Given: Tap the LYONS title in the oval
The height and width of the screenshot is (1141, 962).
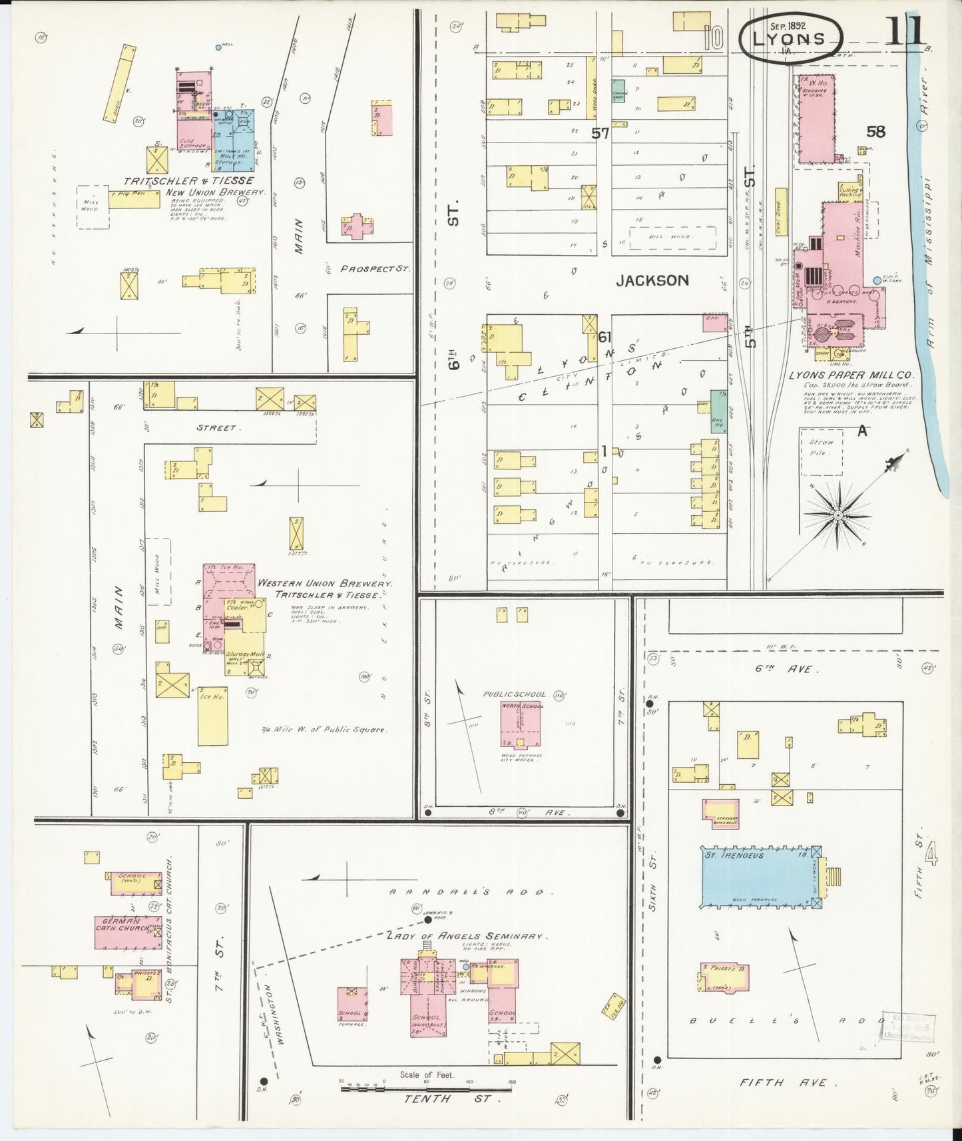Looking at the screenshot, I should [x=790, y=38].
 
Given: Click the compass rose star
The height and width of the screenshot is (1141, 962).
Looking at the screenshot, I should [x=838, y=515].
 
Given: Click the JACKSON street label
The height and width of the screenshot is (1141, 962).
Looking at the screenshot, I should [x=652, y=281].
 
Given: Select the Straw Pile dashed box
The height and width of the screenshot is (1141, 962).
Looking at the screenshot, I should [x=821, y=451].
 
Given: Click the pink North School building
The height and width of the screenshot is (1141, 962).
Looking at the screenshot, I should [x=521, y=723].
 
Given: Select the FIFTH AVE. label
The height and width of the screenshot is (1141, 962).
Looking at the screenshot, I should [x=783, y=1083].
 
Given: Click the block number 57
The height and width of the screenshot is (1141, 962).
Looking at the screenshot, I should [x=601, y=133].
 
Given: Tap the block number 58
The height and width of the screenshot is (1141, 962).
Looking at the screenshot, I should [x=875, y=132].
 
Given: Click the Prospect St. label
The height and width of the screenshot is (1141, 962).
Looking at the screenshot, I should [x=373, y=270].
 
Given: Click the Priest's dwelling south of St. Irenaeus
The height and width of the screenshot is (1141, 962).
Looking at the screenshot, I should [x=724, y=979].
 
